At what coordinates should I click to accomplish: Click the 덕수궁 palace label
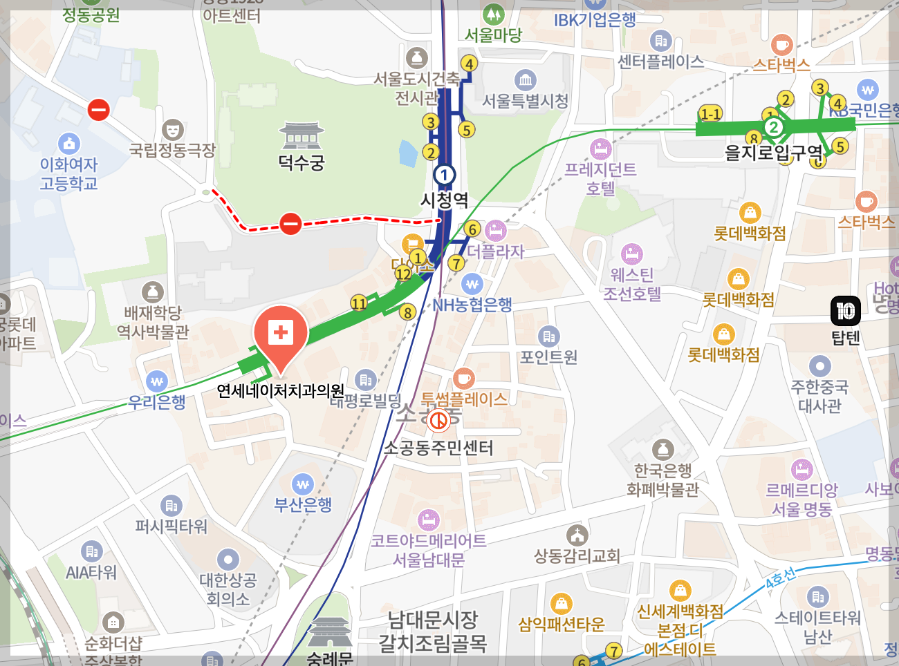click(x=301, y=163)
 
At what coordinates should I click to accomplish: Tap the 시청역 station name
click(x=445, y=200)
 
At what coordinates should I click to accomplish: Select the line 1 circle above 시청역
click(x=444, y=174)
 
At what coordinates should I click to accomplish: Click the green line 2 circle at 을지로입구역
click(x=774, y=127)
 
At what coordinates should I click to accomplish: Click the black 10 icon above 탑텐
click(x=845, y=311)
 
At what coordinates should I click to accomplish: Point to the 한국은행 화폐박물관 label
click(x=662, y=480)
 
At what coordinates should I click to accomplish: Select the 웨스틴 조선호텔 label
click(x=632, y=285)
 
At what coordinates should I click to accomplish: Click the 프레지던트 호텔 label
click(x=600, y=179)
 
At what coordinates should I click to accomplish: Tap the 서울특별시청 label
click(x=525, y=102)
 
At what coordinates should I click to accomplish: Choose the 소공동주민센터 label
click(x=438, y=448)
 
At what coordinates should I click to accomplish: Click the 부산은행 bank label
click(x=303, y=505)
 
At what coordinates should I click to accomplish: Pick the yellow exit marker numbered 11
click(x=358, y=303)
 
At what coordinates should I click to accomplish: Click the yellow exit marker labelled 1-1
click(x=710, y=114)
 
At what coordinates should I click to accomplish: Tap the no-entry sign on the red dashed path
click(x=290, y=223)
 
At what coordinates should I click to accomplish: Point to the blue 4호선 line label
click(x=780, y=579)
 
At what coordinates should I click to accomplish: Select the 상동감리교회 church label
click(x=577, y=555)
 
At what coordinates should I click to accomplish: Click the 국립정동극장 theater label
click(x=172, y=150)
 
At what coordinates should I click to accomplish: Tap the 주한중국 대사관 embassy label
click(x=819, y=396)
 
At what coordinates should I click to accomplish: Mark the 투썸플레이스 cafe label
click(x=464, y=399)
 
